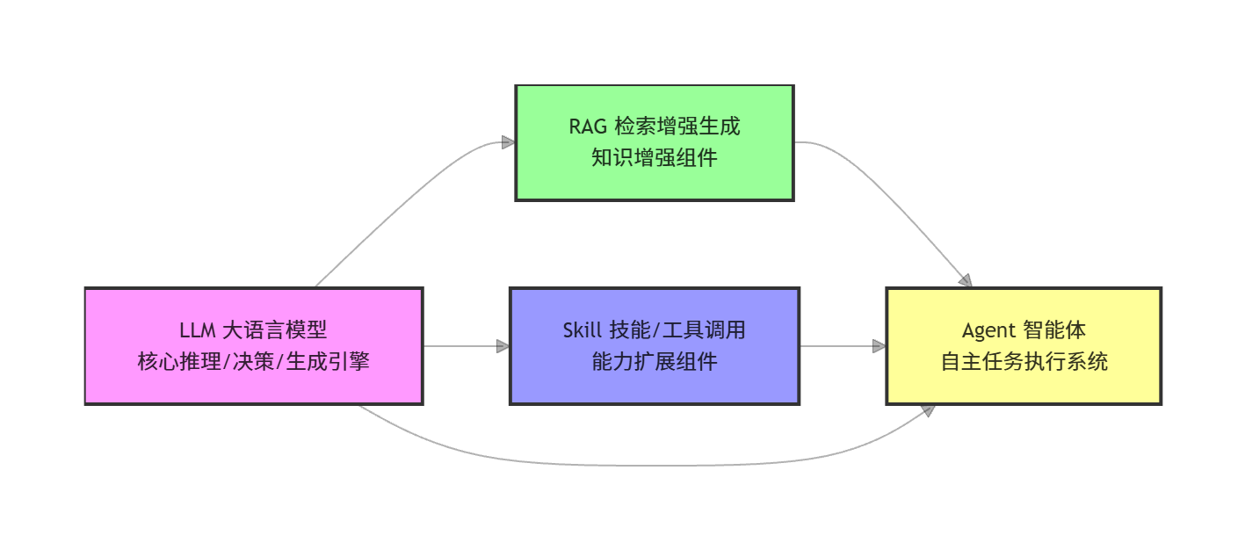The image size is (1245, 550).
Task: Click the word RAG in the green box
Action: (588, 127)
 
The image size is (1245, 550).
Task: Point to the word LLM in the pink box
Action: (198, 330)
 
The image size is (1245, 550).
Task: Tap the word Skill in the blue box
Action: (582, 330)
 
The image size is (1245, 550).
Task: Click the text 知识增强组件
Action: (655, 158)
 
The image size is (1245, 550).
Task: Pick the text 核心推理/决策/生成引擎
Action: (254, 361)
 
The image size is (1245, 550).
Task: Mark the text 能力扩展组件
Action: (655, 361)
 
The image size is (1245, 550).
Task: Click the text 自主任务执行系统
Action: (1024, 361)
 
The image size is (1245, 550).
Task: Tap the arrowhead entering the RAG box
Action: (508, 142)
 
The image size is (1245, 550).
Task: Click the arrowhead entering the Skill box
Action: (503, 346)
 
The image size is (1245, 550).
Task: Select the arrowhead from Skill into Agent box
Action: (879, 346)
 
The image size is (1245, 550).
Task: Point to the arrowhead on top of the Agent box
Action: (966, 281)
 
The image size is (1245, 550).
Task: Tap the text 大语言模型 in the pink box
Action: (275, 330)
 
